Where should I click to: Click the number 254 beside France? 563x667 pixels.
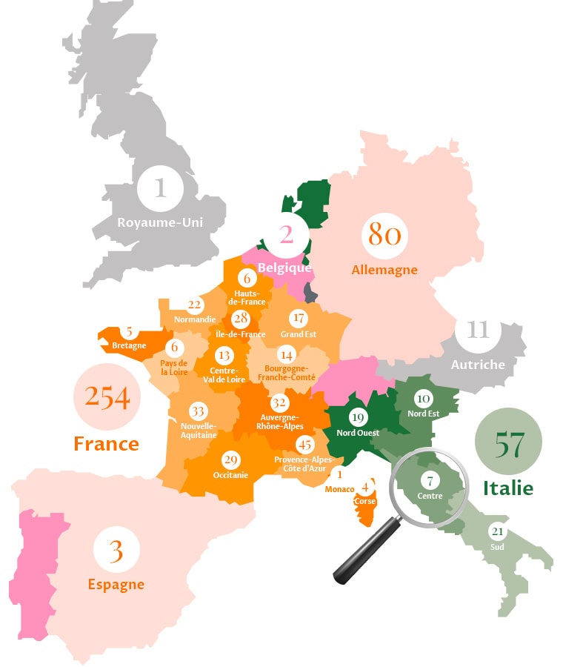click(x=107, y=398)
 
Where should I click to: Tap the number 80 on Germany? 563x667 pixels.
click(x=384, y=236)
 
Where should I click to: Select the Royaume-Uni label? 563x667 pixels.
click(x=161, y=222)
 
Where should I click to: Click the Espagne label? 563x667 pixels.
click(x=116, y=585)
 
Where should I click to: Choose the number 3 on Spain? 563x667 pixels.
click(x=116, y=552)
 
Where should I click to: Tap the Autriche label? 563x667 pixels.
click(x=478, y=364)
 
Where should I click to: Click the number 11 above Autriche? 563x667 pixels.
click(x=478, y=329)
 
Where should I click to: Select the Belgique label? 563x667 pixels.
click(x=284, y=268)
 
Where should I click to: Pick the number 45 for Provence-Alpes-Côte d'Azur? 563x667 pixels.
click(x=304, y=445)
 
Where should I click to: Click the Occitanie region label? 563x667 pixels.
click(x=230, y=475)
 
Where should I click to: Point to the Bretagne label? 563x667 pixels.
click(x=129, y=345)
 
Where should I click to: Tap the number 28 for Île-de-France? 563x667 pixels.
click(x=240, y=319)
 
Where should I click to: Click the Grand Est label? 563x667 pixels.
click(x=299, y=334)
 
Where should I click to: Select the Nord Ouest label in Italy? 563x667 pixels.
click(x=358, y=433)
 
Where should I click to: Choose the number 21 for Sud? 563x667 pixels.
click(x=497, y=532)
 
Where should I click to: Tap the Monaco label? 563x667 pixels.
click(x=339, y=489)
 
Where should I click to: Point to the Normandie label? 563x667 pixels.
click(x=195, y=319)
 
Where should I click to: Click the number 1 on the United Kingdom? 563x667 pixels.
click(x=160, y=188)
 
